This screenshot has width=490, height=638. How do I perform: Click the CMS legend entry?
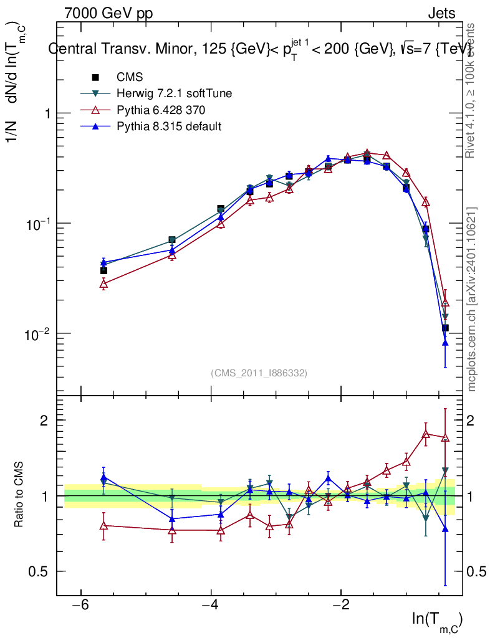click(x=130, y=78)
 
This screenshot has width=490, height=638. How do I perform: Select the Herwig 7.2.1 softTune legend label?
click(x=174, y=94)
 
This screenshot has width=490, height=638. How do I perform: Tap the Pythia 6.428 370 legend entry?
click(x=161, y=110)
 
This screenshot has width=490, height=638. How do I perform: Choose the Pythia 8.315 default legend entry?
click(x=169, y=126)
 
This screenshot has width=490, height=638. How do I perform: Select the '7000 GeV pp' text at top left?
click(x=108, y=13)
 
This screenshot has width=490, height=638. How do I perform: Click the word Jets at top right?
click(x=441, y=13)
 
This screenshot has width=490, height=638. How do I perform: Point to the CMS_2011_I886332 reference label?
click(x=259, y=373)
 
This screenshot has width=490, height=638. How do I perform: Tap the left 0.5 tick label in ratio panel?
click(x=41, y=571)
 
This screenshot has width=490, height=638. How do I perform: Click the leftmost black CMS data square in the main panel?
click(x=103, y=270)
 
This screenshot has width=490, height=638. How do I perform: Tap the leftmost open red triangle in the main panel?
click(x=103, y=284)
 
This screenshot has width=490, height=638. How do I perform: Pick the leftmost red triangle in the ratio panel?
click(x=103, y=526)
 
